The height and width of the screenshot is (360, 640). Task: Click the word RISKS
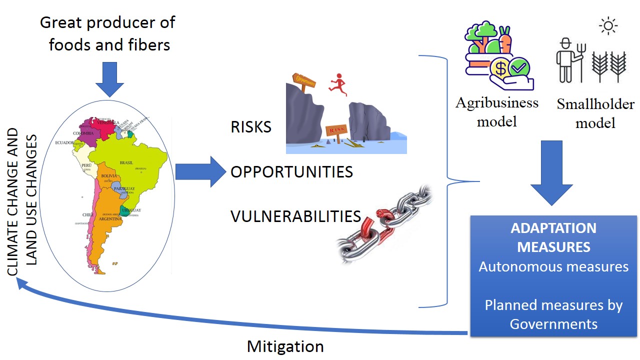tap(251, 127)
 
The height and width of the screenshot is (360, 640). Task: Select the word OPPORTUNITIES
tap(291, 172)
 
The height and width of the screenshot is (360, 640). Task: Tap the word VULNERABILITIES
tap(295, 216)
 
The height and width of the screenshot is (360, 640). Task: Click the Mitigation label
tap(285, 346)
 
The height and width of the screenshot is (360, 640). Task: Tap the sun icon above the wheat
tap(608, 25)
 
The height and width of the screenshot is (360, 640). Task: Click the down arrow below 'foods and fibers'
tap(109, 78)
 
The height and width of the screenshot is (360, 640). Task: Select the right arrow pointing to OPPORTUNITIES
tap(200, 172)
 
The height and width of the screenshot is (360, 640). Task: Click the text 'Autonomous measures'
tap(553, 266)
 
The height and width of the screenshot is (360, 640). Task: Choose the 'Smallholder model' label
tap(595, 113)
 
